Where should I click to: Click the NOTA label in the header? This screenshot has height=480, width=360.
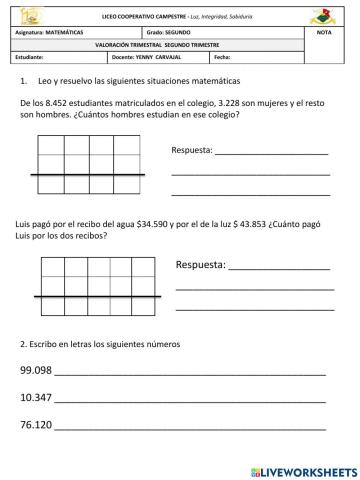pos(322,34)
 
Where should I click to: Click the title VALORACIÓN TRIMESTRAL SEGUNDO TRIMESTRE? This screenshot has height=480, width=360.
pos(164,45)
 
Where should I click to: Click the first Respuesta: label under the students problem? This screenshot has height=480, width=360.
pos(193,151)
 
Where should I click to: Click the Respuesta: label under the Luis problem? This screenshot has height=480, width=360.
pos(200,266)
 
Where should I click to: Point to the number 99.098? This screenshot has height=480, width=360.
pos(36,371)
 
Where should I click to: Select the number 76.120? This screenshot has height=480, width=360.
pos(36,425)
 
